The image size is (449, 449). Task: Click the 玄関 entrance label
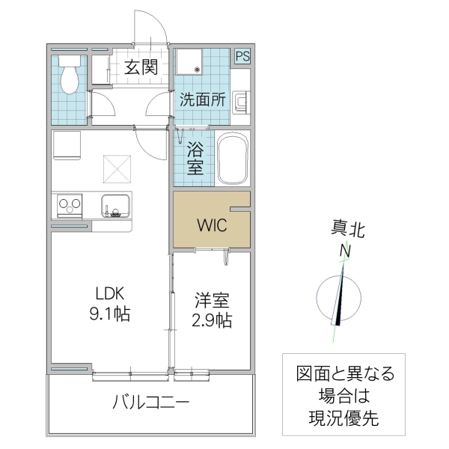coord(140,67)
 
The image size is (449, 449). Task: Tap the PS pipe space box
coord(242,56)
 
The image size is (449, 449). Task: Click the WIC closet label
coord(210,224)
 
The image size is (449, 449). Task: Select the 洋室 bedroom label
coord(212,301)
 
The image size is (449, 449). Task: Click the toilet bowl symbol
coord(70,77)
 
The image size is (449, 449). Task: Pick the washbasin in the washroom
coord(241,102)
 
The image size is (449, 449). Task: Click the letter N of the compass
coord(346,251)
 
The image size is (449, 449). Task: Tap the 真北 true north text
coord(349,230)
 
